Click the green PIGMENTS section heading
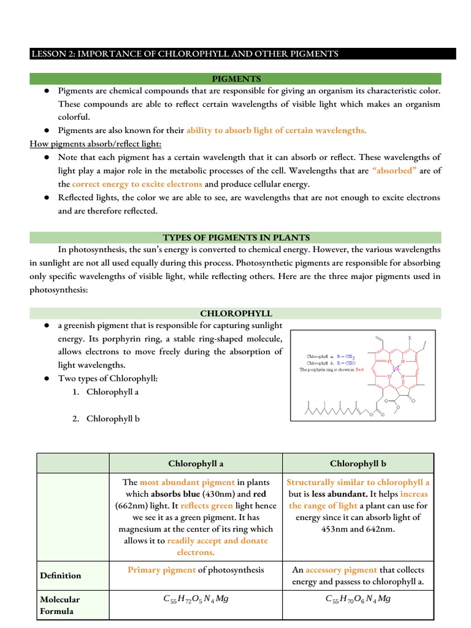pyautogui.click(x=236, y=78)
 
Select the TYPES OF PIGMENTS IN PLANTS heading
pyautogui.click(x=236, y=237)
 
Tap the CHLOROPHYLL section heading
pyautogui.click(x=236, y=313)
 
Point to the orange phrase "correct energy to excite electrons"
pyautogui.click(x=137, y=184)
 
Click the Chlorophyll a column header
pyautogui.click(x=195, y=464)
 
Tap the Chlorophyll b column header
pyautogui.click(x=358, y=464)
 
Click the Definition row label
pyautogui.click(x=61, y=575)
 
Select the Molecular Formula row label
pyautogui.click(x=61, y=605)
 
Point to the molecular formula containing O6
pyautogui.click(x=358, y=599)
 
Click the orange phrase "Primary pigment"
pyautogui.click(x=161, y=570)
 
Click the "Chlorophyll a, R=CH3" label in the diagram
pyautogui.click(x=331, y=355)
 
